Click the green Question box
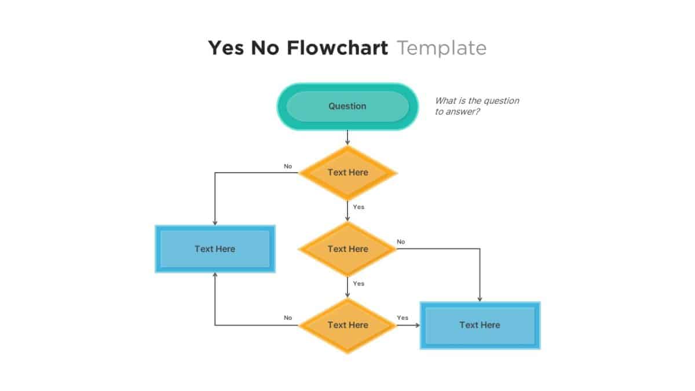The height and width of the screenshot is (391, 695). pos(348,106)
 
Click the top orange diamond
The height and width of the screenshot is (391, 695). pos(348,172)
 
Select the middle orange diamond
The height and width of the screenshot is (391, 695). pos(348,249)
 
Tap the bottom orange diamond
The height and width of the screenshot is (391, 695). pos(348,325)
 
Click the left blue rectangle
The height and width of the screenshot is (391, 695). pos(215,249)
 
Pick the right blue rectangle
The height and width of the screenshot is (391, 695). pos(480,325)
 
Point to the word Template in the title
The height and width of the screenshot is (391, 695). pos(441,47)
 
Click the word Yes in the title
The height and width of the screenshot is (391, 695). pos(226,47)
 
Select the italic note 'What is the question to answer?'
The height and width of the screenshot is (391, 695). pos(477,106)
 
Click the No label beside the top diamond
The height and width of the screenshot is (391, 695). pos(288,166)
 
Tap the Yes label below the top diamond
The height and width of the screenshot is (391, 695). pos(359,207)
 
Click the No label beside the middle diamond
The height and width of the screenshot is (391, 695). pos(401,242)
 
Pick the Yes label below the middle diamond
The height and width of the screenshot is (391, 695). pos(359,283)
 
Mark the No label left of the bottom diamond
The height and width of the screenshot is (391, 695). pos(288,317)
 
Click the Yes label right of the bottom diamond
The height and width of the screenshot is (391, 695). pos(403,317)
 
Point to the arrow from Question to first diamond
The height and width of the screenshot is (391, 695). pos(348,138)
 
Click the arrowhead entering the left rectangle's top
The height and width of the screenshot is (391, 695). pos(215,222)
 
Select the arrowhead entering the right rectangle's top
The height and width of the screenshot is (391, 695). pos(480,298)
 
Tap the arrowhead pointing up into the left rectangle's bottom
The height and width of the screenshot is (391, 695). pos(215,276)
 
